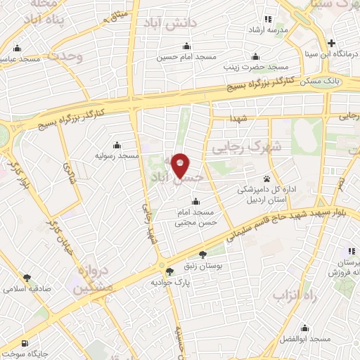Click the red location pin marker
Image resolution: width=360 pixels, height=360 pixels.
click(x=180, y=165)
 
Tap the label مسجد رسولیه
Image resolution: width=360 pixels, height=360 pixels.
click(x=119, y=155)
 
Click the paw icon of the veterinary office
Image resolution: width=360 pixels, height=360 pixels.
click(x=267, y=179)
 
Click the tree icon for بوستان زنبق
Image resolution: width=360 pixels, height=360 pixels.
click(x=203, y=255)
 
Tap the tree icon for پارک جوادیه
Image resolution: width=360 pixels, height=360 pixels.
click(x=169, y=271)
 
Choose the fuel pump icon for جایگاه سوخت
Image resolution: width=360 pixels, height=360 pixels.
click(x=26, y=344)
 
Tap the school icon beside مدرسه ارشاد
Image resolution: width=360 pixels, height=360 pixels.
click(x=267, y=19)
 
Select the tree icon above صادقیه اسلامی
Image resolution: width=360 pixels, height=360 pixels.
click(x=27, y=278)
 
